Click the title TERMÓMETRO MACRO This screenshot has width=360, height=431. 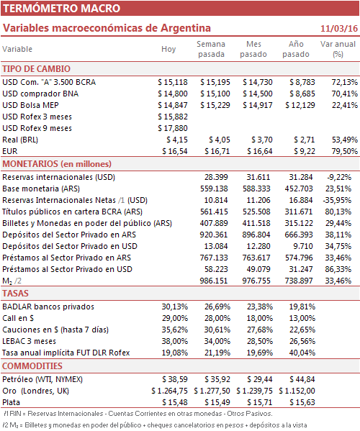coord(62,8)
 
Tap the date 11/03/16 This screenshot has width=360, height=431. coord(339,29)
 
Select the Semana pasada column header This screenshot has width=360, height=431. coord(211,49)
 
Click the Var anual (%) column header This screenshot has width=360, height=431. coord(338,49)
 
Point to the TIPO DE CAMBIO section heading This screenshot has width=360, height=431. coord(36,69)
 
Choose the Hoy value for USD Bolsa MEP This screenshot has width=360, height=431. coord(173,105)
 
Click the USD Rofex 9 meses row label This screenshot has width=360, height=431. coord(37,128)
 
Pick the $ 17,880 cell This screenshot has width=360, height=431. coord(173,128)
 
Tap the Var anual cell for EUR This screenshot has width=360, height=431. coord(345,151)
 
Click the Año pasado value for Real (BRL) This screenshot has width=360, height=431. coord(304,140)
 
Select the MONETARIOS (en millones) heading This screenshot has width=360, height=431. coord(57,164)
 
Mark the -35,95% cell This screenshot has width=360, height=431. coord(337,200)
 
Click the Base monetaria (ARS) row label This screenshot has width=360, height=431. coord(41,189)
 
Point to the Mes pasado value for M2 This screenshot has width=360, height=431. coord(256,281)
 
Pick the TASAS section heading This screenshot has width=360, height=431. coord(15,294)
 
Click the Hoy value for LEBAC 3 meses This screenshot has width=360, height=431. coord(175,341)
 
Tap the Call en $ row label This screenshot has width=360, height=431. coord(18,318)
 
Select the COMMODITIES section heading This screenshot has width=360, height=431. coord(32,366)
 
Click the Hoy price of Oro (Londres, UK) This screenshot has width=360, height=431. coord(169,391)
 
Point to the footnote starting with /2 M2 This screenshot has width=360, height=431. coord(155,425)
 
